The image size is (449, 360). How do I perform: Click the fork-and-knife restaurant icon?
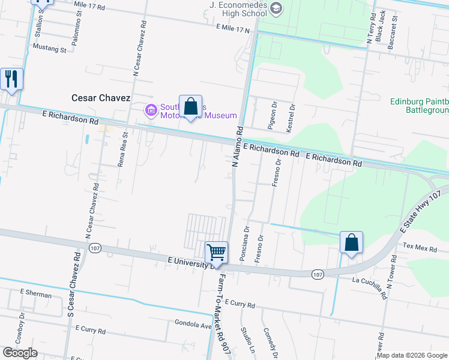11,79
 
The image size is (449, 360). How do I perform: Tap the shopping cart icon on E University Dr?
216,253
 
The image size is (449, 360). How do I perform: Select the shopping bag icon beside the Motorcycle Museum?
190,107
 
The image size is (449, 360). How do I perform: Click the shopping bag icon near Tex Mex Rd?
351,243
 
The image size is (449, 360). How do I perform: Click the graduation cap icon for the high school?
276,7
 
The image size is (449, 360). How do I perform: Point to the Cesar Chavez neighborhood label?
101,97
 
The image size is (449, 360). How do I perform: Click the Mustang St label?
49,49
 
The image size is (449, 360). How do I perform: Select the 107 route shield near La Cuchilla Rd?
318,274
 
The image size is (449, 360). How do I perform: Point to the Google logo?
20,353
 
